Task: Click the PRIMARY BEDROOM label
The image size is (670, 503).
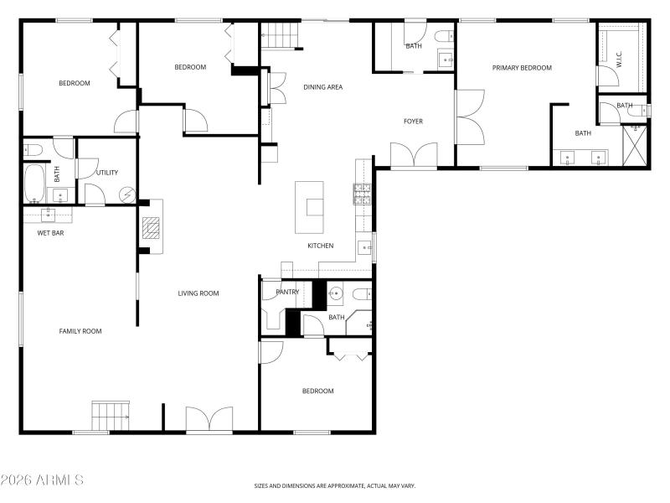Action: [x=522, y=68]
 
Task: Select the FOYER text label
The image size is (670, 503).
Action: [x=413, y=122]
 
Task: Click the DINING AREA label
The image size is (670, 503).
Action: [x=322, y=87]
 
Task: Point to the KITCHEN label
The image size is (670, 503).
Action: [x=321, y=246]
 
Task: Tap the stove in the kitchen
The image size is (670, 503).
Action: [x=362, y=194]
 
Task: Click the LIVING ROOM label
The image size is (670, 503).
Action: [x=198, y=293]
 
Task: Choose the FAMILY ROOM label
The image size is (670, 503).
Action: [x=80, y=331]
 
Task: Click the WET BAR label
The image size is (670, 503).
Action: [x=50, y=233]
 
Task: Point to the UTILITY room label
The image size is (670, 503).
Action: [x=107, y=173]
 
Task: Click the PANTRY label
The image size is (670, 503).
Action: [x=287, y=292]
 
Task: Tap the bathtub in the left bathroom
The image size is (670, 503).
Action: [x=33, y=183]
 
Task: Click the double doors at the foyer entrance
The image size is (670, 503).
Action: [x=414, y=155]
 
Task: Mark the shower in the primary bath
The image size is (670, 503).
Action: [x=636, y=145]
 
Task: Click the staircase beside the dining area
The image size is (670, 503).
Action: [x=281, y=36]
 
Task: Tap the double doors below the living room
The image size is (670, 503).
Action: [x=209, y=419]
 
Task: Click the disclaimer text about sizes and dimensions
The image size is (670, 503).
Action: [x=335, y=485]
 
